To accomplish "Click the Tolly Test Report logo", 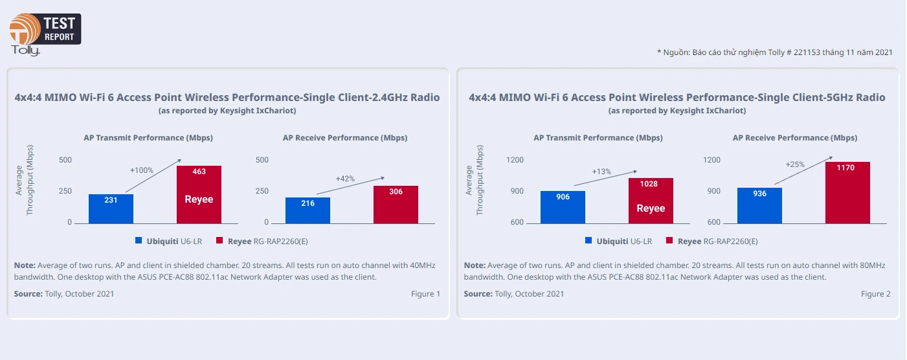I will (44, 32).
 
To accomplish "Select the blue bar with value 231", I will (111, 208).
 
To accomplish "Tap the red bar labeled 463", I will (199, 194).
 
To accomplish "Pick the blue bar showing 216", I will (308, 210).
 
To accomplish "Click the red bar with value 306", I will (396, 204).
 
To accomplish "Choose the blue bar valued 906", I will (563, 207).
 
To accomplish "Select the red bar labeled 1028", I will (651, 200).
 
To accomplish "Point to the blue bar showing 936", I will (759, 205).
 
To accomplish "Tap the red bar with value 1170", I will (847, 192).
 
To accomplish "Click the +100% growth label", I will (142, 170).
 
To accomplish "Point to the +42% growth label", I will (346, 178).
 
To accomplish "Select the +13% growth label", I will (601, 172).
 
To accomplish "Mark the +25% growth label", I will (795, 164).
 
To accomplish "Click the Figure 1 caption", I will (425, 294).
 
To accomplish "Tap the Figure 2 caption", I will (875, 294).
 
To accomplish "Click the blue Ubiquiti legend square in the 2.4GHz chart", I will (139, 241).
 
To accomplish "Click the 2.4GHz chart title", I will (227, 98).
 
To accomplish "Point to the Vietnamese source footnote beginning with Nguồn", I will (774, 52).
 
